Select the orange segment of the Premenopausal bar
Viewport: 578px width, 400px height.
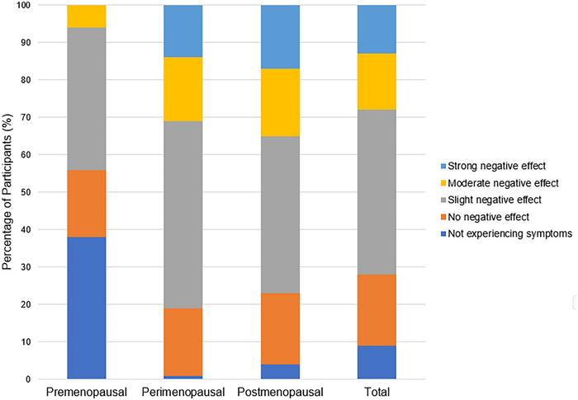[98, 203]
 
